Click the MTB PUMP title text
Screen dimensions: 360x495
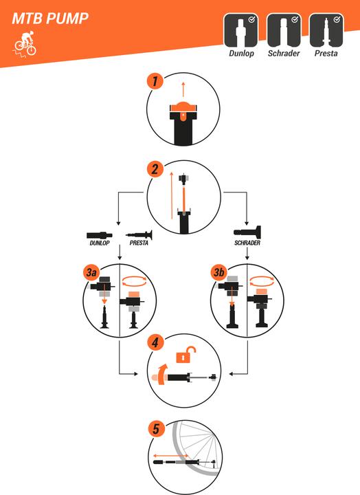[50, 19]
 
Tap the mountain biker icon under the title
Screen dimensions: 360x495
[25, 44]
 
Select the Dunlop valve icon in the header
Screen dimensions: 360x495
[241, 30]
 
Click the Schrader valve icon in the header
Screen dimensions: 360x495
[284, 30]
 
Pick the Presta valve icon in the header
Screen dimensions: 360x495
[326, 30]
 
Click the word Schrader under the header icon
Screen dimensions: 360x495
[284, 54]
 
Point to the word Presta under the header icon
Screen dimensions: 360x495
[326, 54]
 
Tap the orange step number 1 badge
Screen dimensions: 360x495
[155, 81]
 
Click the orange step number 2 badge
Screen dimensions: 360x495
[155, 169]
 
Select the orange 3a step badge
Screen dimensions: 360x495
[91, 272]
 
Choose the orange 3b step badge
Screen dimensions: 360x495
[219, 272]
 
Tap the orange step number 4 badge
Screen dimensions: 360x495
[155, 342]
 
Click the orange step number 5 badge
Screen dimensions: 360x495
[157, 429]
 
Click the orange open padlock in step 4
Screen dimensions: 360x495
[185, 355]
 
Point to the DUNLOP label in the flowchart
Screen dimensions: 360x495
[100, 243]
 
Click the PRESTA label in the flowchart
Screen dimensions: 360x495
[139, 243]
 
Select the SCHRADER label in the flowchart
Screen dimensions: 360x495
[247, 243]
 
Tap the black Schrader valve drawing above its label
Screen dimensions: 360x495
[247, 232]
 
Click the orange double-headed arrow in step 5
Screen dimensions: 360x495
[170, 456]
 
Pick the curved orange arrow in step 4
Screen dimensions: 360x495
[162, 375]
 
